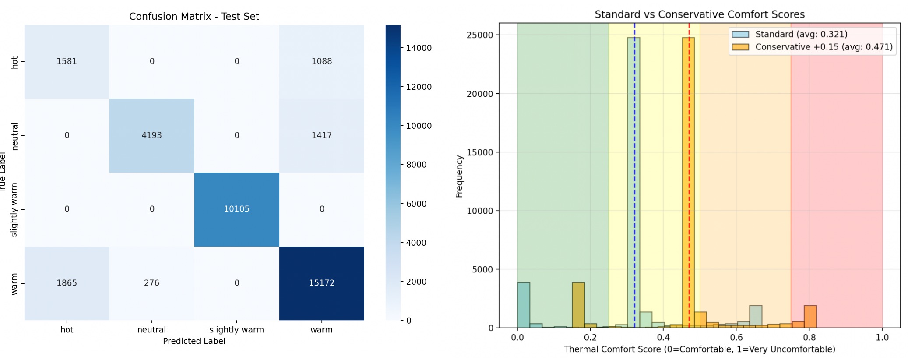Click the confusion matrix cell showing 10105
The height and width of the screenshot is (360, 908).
pyautogui.click(x=236, y=209)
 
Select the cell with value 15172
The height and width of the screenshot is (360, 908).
pyautogui.click(x=321, y=283)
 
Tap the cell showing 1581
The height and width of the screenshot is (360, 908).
pyautogui.click(x=67, y=61)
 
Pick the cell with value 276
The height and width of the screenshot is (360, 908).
pyautogui.click(x=151, y=283)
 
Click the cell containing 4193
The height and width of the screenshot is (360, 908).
pyautogui.click(x=151, y=135)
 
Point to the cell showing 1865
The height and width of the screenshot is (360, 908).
pyautogui.click(x=67, y=283)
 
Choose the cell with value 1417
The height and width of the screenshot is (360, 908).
pyautogui.click(x=321, y=135)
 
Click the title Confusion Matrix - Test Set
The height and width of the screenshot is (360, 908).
pyautogui.click(x=194, y=17)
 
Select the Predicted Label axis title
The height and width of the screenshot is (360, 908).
pyautogui.click(x=194, y=341)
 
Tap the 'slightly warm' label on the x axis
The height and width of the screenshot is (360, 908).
pyautogui.click(x=236, y=330)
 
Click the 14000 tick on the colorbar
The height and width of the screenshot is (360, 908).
pyautogui.click(x=419, y=48)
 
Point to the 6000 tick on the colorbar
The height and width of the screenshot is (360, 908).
pyautogui.click(x=416, y=204)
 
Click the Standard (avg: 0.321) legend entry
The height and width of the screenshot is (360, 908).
pyautogui.click(x=801, y=34)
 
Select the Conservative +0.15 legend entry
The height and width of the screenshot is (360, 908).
pyautogui.click(x=823, y=47)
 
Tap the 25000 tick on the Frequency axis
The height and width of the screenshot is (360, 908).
pyautogui.click(x=479, y=35)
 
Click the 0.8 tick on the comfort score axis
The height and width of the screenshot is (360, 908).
pyautogui.click(x=809, y=338)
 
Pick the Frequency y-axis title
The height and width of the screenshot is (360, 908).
pyautogui.click(x=459, y=176)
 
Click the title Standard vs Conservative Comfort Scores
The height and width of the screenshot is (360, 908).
pyautogui.click(x=699, y=14)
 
